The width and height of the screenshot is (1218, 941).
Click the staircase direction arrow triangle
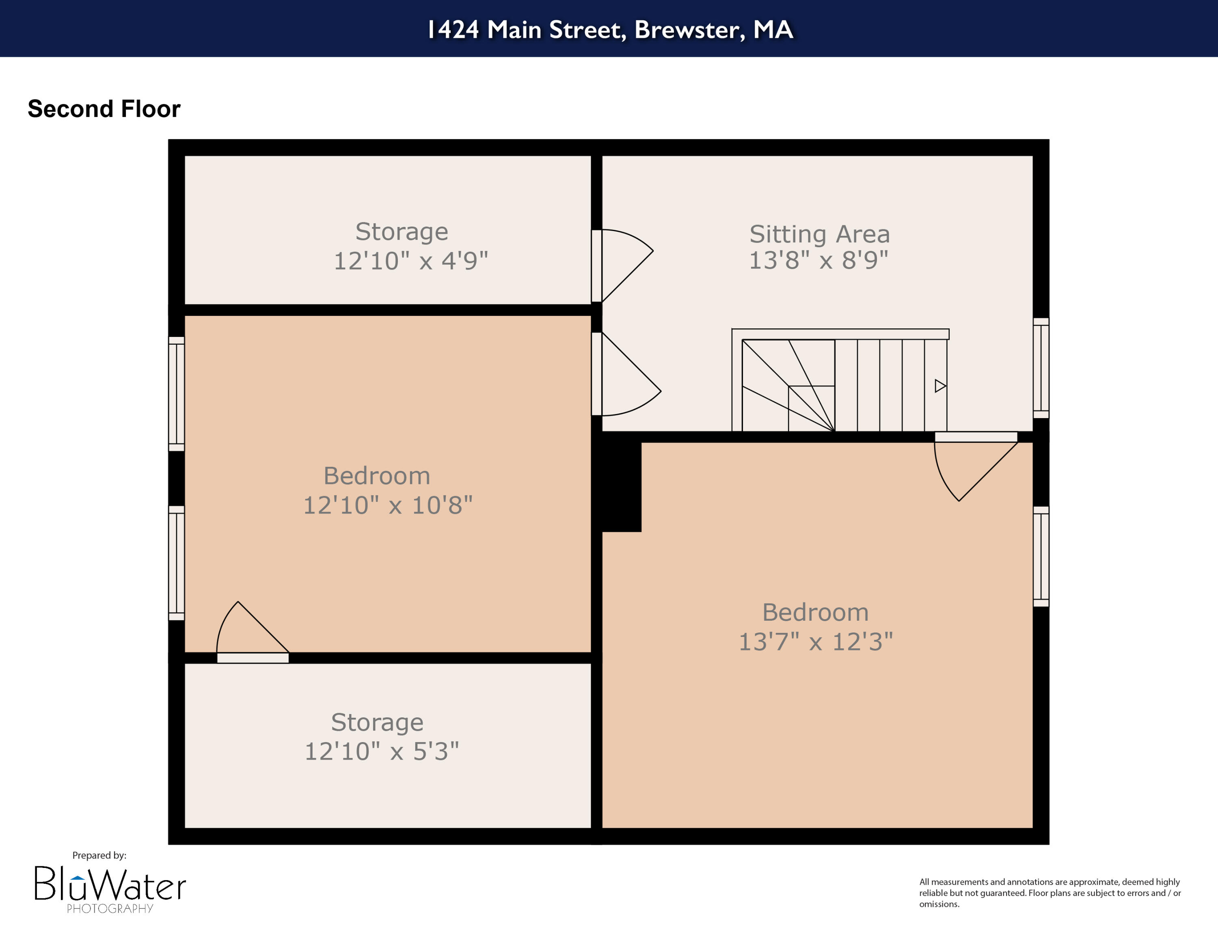(x=940, y=386)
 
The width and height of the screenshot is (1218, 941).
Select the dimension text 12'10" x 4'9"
(x=410, y=261)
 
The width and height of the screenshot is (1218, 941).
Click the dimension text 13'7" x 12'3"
(x=815, y=642)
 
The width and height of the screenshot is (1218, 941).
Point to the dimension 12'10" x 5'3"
(x=382, y=751)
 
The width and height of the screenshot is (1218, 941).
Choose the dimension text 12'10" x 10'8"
(x=388, y=505)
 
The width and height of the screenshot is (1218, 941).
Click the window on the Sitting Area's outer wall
(x=1041, y=368)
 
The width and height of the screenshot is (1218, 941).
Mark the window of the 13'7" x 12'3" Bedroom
(x=1041, y=556)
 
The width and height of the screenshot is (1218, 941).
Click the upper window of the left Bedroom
(x=176, y=393)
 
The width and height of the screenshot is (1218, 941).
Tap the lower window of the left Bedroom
(x=176, y=563)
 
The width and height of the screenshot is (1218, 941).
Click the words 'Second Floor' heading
(x=104, y=109)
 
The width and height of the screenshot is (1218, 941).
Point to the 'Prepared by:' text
(x=99, y=855)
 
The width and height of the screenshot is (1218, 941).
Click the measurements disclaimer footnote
(x=1050, y=893)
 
